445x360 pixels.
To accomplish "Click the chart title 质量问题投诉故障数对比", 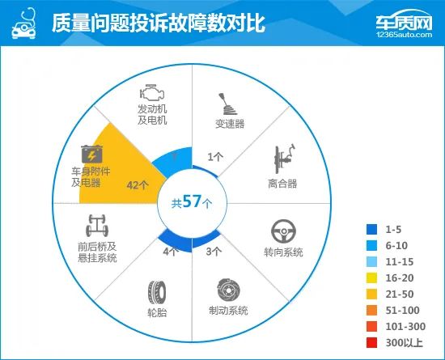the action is click(159, 23).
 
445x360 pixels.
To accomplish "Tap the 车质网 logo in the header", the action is click(404, 23).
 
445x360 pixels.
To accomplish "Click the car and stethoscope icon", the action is click(24, 23).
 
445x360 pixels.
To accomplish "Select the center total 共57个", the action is click(192, 201).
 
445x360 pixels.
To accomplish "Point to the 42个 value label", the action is click(138, 185).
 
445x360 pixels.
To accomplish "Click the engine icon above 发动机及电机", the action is click(152, 92).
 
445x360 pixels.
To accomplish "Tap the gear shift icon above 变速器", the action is click(227, 104).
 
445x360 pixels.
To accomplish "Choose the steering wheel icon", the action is click(283, 231).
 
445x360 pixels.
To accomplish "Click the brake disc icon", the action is click(228, 290).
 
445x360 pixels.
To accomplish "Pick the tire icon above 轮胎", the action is click(157, 293).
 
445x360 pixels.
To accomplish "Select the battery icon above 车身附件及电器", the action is click(91, 154).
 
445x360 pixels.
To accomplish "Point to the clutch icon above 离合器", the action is click(284, 159).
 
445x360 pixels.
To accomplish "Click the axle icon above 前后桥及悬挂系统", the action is click(97, 225).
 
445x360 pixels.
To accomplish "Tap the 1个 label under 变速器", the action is click(215, 157).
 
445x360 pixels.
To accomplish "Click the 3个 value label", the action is click(214, 251).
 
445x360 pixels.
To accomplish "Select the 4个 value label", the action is click(171, 252).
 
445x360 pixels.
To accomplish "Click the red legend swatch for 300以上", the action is click(371, 343).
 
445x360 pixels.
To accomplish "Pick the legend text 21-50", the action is click(400, 294).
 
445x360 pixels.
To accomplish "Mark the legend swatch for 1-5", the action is click(371, 230).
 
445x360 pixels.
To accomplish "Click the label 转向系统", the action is click(283, 252).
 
